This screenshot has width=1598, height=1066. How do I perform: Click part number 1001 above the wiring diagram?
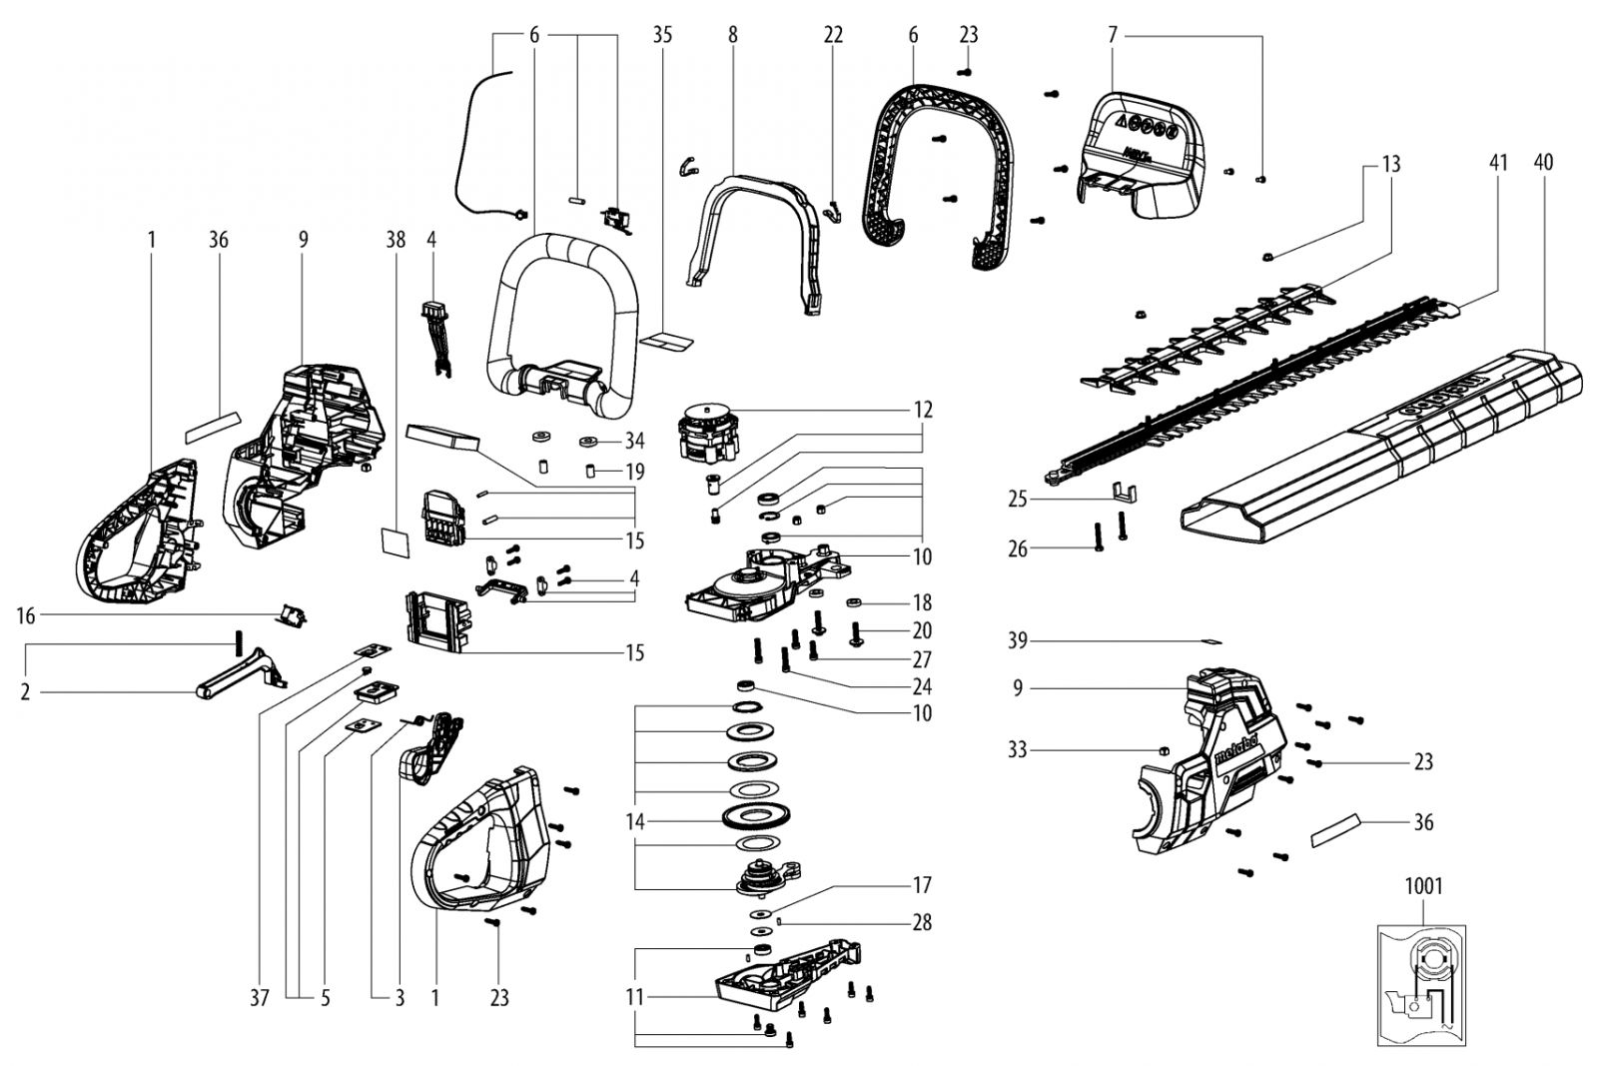pyautogui.click(x=1424, y=886)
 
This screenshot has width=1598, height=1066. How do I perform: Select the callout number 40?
pyautogui.click(x=1543, y=163)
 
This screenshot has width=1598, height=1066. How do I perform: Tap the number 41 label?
pyautogui.click(x=1498, y=163)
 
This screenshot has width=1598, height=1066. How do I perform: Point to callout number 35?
pyautogui.click(x=662, y=34)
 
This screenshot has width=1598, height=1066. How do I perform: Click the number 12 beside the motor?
pyautogui.click(x=923, y=410)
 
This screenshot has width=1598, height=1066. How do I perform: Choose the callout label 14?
pyautogui.click(x=635, y=822)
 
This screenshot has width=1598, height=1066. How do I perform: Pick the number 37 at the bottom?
pyautogui.click(x=260, y=997)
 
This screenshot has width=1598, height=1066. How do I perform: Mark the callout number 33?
pyautogui.click(x=1018, y=750)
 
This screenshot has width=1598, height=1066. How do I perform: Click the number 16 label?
pyautogui.click(x=26, y=615)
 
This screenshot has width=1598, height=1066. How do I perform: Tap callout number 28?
pyautogui.click(x=923, y=922)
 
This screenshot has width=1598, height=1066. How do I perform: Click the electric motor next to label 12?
pyautogui.click(x=705, y=433)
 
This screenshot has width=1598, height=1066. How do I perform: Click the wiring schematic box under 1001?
pyautogui.click(x=1421, y=985)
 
